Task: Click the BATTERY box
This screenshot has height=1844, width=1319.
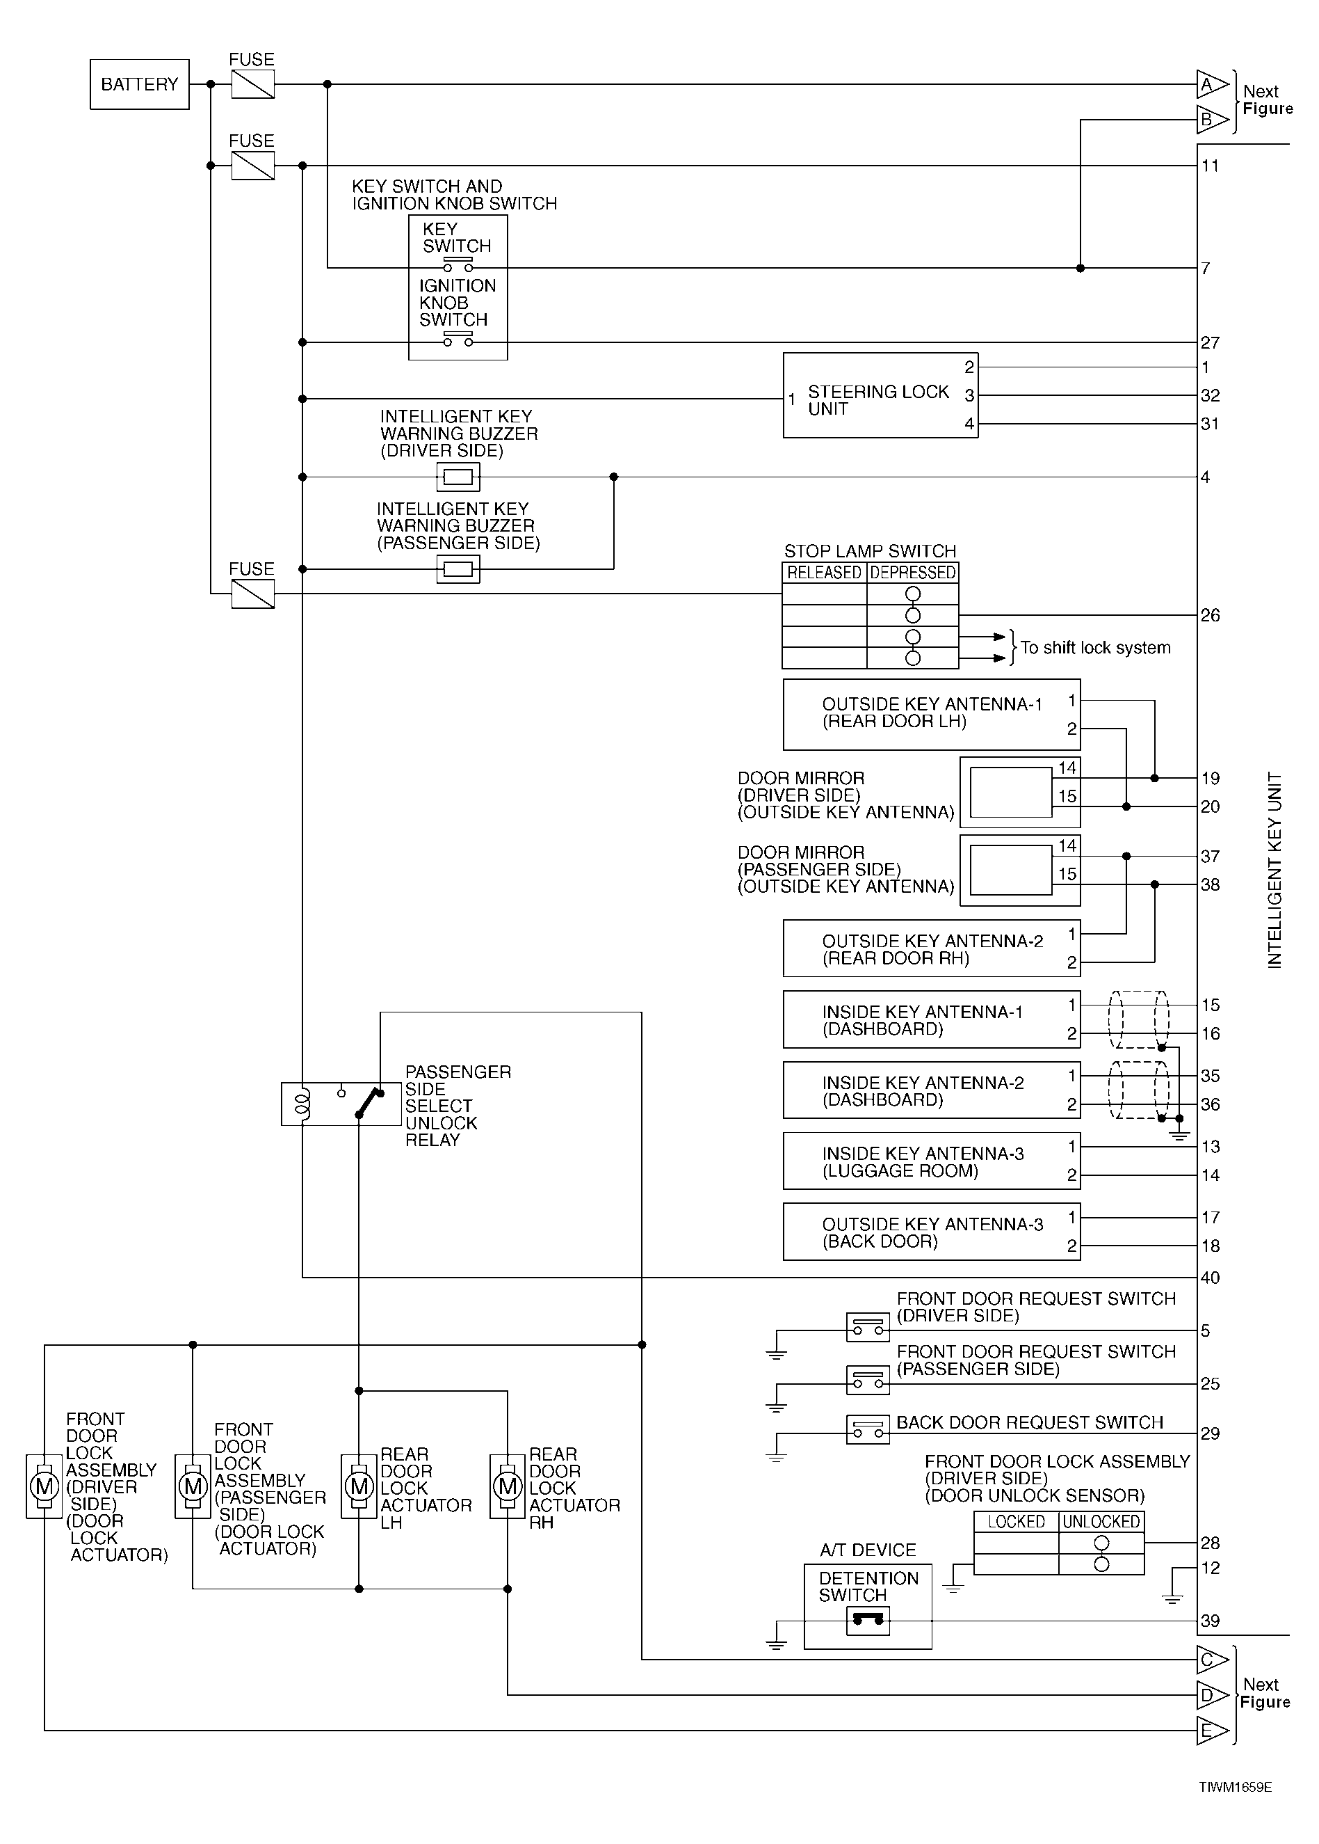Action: [140, 84]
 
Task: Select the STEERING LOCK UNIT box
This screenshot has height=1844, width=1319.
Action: [880, 395]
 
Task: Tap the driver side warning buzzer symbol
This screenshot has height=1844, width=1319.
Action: [458, 477]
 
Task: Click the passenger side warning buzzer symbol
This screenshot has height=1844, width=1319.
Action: [458, 569]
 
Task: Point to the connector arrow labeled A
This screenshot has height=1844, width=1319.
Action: [1212, 84]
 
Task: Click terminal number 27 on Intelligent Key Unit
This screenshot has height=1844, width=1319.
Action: [1210, 343]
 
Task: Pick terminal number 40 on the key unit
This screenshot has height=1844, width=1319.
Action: [1210, 1278]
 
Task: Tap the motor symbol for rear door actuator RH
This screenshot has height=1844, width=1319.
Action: [508, 1486]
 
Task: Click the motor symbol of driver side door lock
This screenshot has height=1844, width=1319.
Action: [44, 1486]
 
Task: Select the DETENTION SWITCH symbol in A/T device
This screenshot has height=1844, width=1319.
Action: [868, 1621]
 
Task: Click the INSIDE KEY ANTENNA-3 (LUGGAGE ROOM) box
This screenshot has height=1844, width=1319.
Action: [932, 1161]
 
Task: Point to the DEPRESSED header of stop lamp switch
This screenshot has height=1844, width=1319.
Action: [913, 573]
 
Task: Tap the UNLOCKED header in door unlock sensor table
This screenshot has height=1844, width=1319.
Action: [1101, 1521]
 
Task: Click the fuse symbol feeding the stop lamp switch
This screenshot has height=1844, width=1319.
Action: [252, 594]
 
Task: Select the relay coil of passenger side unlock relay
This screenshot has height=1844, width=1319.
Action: [302, 1104]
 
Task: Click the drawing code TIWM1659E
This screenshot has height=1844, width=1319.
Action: [1236, 1787]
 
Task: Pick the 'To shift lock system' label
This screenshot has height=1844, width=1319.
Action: [1096, 648]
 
